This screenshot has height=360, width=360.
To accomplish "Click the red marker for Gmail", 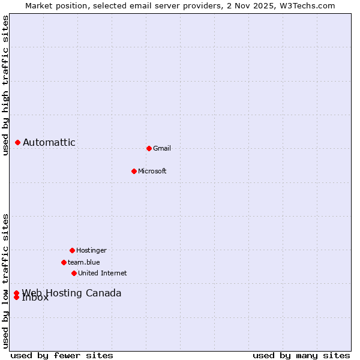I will [149, 148].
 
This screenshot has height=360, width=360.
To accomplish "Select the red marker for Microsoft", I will [134, 171].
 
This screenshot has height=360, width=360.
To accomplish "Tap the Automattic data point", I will [17, 142].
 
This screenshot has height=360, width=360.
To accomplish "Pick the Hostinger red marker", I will [72, 250].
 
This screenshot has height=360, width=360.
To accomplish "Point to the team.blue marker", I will [64, 262].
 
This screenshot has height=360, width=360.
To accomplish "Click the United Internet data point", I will [74, 273].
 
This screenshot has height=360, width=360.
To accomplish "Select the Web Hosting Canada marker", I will [16, 293].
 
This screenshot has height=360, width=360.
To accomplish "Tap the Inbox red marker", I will [16, 298].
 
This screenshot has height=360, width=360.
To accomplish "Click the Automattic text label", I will [49, 142].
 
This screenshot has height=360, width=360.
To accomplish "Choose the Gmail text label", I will [162, 148].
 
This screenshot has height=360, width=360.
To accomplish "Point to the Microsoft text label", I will [152, 171].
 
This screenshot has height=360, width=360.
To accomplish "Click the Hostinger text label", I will [91, 250].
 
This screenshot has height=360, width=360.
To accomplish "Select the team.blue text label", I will [84, 262].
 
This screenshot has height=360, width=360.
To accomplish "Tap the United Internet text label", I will [103, 273].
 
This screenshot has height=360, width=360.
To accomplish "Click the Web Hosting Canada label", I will [71, 293].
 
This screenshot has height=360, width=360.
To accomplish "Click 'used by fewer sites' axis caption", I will [62, 355].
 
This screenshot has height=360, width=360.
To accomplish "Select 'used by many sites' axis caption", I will [301, 355].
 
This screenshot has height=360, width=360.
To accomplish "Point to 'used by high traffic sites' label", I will [5, 85].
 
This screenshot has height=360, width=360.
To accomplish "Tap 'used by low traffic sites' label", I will [5, 281].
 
